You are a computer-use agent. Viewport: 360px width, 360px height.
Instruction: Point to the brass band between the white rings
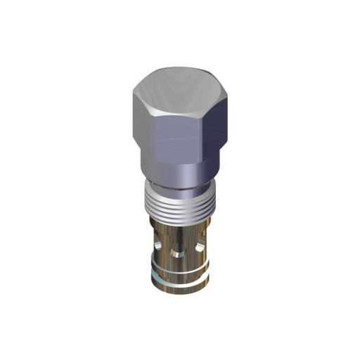pos(179,278)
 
